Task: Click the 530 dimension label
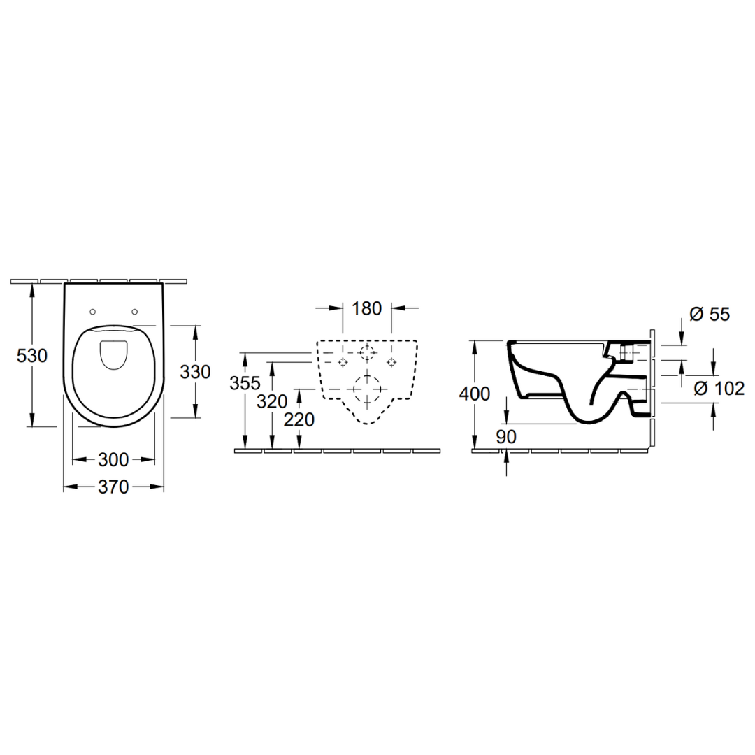click(31, 356)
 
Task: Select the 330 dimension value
click(195, 372)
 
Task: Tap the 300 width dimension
click(114, 460)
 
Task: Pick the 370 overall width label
click(114, 487)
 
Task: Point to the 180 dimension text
click(367, 309)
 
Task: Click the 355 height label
click(245, 383)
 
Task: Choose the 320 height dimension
click(272, 401)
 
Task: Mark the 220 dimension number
click(299, 420)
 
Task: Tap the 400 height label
click(475, 394)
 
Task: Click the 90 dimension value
click(506, 437)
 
